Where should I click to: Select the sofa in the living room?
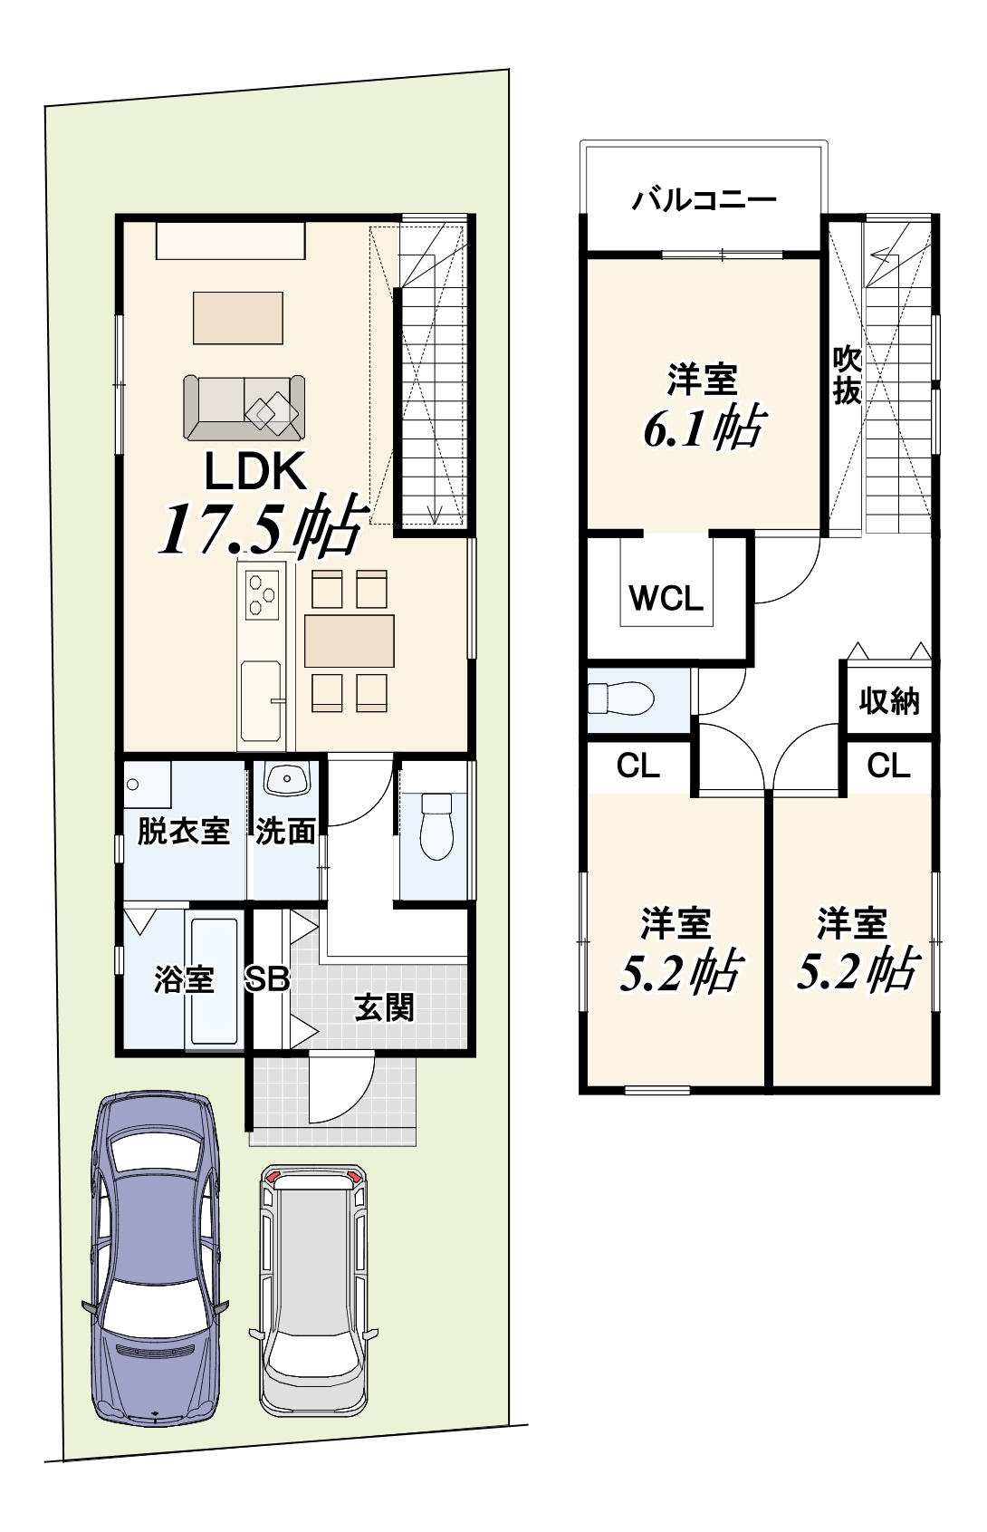(244, 408)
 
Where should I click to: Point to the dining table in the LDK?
(350, 641)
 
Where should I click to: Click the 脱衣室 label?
(183, 832)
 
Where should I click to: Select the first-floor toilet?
(436, 826)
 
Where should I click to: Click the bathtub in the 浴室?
(214, 981)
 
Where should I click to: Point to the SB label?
(267, 979)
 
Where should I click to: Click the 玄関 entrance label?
(384, 1008)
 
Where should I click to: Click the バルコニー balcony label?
(704, 200)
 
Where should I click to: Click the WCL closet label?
(666, 599)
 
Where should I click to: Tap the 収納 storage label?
(888, 701)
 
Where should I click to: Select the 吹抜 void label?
(847, 376)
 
